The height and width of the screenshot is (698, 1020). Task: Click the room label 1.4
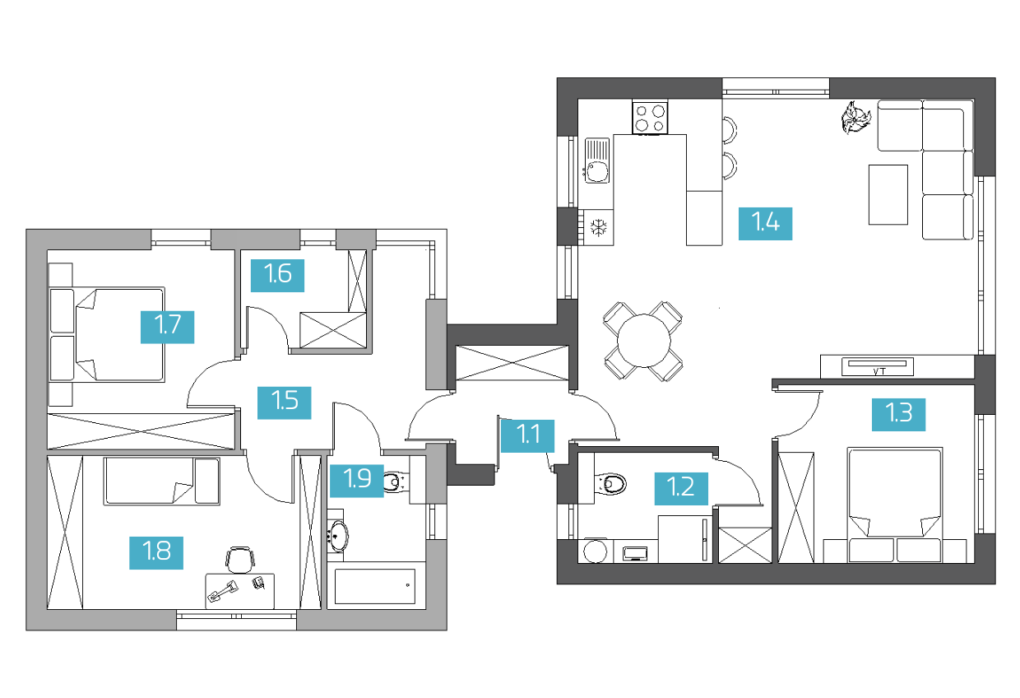(x=765, y=224)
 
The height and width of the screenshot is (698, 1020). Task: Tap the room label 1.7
(x=167, y=327)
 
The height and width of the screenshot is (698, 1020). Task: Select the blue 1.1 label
(x=527, y=436)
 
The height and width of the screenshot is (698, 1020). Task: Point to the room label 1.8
(x=156, y=553)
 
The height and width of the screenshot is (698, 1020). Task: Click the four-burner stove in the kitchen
(x=650, y=118)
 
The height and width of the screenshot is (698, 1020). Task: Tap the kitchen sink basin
(x=597, y=172)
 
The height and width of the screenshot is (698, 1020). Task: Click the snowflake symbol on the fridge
(x=598, y=227)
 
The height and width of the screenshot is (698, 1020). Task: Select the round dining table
(x=643, y=340)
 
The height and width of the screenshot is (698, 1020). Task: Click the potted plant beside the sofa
(x=855, y=117)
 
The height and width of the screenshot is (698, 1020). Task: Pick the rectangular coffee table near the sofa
(x=888, y=194)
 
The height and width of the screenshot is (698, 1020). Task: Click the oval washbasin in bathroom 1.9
(x=339, y=536)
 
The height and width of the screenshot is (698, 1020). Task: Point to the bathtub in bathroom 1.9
(x=376, y=585)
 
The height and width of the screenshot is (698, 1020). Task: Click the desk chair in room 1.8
(x=239, y=560)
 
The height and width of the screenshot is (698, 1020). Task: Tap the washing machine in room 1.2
(x=596, y=551)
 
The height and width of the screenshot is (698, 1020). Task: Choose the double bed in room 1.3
(x=895, y=505)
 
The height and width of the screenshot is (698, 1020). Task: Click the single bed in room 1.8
(x=162, y=482)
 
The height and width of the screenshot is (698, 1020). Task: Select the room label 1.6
(x=277, y=276)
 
